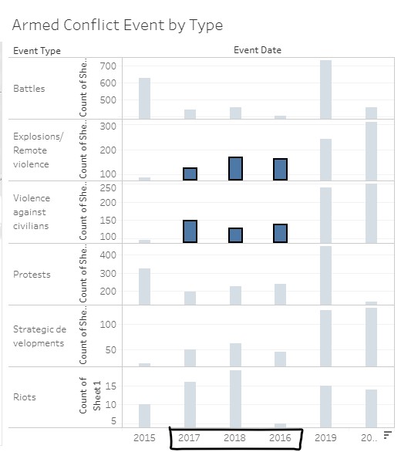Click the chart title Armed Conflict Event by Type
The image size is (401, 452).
[x=117, y=25]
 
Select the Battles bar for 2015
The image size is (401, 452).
[x=144, y=98]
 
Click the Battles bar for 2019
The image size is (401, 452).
[x=325, y=89]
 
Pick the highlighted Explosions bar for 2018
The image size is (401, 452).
[x=235, y=168]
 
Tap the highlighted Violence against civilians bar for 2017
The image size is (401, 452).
[x=190, y=231]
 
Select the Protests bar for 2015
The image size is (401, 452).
[x=144, y=286]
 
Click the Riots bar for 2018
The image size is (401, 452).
[x=235, y=398]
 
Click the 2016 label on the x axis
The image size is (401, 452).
[x=280, y=438]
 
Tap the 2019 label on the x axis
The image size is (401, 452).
[x=325, y=438]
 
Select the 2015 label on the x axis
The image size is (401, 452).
[x=144, y=438]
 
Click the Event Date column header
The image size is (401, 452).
[x=258, y=50]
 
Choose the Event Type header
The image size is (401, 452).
[x=37, y=51]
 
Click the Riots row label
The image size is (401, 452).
[x=25, y=397]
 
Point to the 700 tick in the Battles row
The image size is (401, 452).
[x=108, y=67]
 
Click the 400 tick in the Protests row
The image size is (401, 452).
[x=108, y=255]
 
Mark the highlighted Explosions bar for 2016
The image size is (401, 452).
[x=280, y=169]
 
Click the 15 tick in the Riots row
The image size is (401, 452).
[x=110, y=388]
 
